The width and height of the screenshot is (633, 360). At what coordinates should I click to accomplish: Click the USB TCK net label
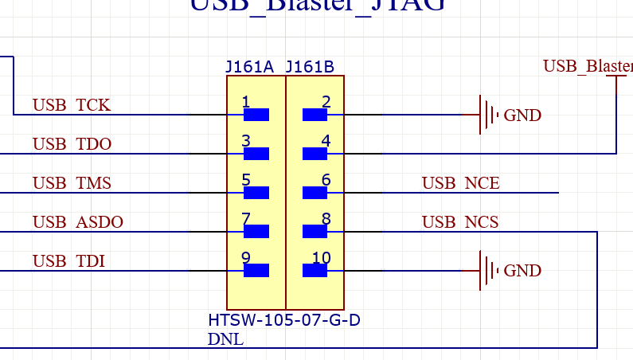(x=72, y=105)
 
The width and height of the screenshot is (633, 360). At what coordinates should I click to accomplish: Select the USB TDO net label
(x=72, y=144)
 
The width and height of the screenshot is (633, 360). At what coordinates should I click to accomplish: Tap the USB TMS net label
(x=72, y=183)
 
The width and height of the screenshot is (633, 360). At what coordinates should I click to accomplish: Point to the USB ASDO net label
(x=78, y=221)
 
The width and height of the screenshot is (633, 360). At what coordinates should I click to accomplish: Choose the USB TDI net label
(x=68, y=260)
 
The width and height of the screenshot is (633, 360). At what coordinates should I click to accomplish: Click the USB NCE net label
(x=460, y=183)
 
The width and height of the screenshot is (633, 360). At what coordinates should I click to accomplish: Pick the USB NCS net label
(x=460, y=221)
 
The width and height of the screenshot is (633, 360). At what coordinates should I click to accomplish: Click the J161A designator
(x=250, y=67)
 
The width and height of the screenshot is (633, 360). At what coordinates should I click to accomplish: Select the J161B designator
(x=309, y=67)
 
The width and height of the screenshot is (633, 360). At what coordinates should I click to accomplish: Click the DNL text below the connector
(x=225, y=339)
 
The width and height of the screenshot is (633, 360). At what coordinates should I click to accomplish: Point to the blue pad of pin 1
(x=256, y=115)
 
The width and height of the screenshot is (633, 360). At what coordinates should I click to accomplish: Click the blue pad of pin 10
(x=315, y=271)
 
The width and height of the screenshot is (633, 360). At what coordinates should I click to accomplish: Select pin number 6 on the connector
(x=325, y=180)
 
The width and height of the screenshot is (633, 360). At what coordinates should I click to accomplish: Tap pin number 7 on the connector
(x=246, y=219)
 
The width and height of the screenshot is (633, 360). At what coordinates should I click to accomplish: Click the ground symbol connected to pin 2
(x=486, y=115)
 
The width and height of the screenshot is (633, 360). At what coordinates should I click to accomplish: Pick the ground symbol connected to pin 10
(x=486, y=271)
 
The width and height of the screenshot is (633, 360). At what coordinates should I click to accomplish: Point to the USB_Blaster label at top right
(x=588, y=66)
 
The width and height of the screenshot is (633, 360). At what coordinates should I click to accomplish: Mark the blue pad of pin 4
(x=315, y=154)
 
